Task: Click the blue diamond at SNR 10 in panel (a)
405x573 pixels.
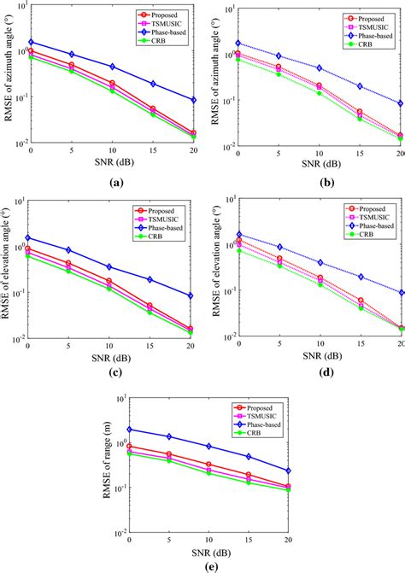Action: click(x=113, y=67)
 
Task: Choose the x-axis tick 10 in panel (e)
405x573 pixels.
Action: click(x=209, y=541)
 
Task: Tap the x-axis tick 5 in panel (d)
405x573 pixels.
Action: click(x=279, y=348)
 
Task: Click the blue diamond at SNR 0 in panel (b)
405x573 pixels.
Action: click(x=238, y=44)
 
